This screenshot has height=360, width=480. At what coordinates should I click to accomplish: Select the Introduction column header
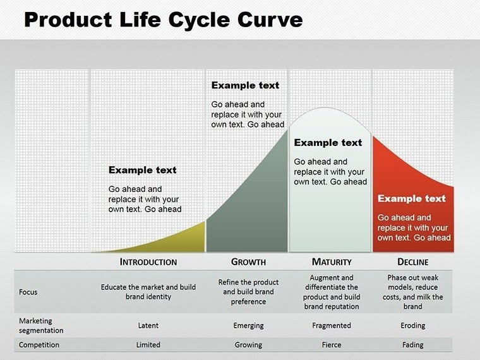pos(148,261)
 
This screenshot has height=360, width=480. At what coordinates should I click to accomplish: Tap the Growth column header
pos(248,261)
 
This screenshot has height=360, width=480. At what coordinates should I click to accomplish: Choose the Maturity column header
pos(332,261)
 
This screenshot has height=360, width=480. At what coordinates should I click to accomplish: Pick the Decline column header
pos(413,261)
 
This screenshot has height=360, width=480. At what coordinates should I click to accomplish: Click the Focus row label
pos(28,292)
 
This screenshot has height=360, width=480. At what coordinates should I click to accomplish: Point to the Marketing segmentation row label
pos(41,325)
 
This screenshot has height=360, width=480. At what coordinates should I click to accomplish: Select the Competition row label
pos(39,345)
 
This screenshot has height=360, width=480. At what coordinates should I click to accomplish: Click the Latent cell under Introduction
pos(148,325)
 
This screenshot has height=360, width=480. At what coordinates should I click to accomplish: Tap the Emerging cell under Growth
pos(248,325)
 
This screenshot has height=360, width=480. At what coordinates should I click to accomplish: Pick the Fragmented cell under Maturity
pos(332,325)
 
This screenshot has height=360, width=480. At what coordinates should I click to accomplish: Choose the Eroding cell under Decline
pos(413,325)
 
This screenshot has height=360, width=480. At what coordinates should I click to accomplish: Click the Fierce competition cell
pos(332,345)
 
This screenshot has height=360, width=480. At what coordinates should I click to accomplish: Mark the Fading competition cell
pos(413,345)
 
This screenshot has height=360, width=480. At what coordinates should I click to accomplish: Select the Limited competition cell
pos(148,345)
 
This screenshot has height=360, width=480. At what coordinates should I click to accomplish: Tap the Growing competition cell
pos(248,345)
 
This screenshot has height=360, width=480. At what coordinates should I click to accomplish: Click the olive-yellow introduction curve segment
pos(183,240)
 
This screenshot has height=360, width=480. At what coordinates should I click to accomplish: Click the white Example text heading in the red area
pos(412,198)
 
